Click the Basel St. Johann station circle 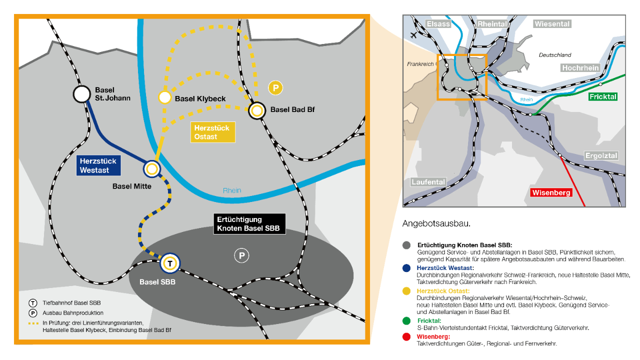pyautogui.click(x=82, y=94)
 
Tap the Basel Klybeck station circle pyautogui.click(x=165, y=97)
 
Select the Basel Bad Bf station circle pyautogui.click(x=257, y=110)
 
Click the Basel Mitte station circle pyautogui.click(x=151, y=169)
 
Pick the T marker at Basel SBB pyautogui.click(x=170, y=263)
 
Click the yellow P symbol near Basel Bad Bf pyautogui.click(x=275, y=87)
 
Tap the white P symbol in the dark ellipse pyautogui.click(x=241, y=255)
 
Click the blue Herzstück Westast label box pyautogui.click(x=98, y=165)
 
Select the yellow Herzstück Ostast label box pyautogui.click(x=213, y=132)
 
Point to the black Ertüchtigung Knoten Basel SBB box pyautogui.click(x=249, y=223)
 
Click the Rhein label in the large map pyautogui.click(x=232, y=190)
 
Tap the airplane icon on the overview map pyautogui.click(x=413, y=35)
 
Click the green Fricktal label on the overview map pyautogui.click(x=603, y=97)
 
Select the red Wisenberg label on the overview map pyautogui.click(x=551, y=192)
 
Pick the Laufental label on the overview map pyautogui.click(x=428, y=182)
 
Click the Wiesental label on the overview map pyautogui.click(x=552, y=24)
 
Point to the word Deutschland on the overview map pyautogui.click(x=555, y=55)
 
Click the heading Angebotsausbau pyautogui.click(x=436, y=223)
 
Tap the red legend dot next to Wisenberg pyautogui.click(x=406, y=337)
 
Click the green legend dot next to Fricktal pyautogui.click(x=406, y=321)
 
